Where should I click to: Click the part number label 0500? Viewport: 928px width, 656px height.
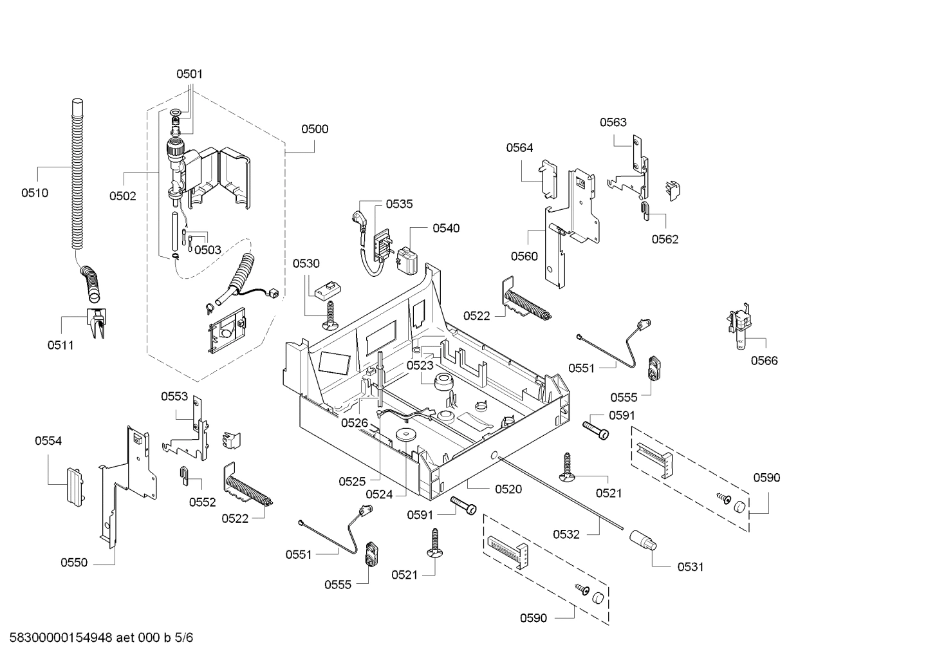coord(315,129)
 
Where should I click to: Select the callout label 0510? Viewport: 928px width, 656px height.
coord(35,192)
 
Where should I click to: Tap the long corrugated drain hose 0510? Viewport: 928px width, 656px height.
coord(77,174)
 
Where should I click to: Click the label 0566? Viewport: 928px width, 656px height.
coord(764,361)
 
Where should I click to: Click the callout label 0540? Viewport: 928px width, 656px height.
coord(446,228)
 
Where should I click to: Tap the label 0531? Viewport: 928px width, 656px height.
coord(690,567)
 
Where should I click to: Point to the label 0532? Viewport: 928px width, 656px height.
coord(566,534)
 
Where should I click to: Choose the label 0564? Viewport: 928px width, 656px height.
coord(519,147)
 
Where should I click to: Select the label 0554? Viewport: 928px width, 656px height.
coord(48,441)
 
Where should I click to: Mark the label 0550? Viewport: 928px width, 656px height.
coord(74,563)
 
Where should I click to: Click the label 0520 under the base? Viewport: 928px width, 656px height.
coord(508,489)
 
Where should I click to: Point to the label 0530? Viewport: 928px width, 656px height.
coord(306,263)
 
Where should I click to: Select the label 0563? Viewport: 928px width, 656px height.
coord(613,122)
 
